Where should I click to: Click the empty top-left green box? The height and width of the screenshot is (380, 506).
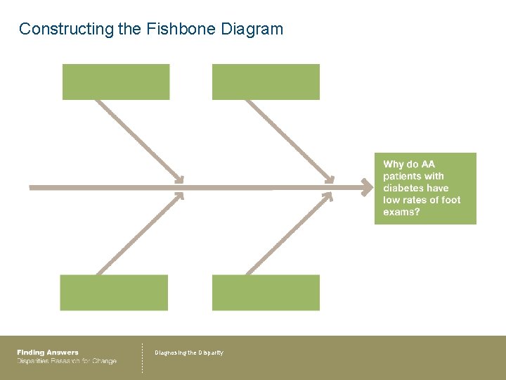116,82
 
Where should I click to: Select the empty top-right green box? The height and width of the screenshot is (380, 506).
266,82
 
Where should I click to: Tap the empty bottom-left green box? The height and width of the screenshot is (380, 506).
114,293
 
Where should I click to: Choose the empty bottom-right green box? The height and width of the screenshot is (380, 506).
266,293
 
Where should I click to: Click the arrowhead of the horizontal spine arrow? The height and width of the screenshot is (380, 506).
367,187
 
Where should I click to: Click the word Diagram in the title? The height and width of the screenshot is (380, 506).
252,29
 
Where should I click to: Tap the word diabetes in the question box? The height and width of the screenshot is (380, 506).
403,188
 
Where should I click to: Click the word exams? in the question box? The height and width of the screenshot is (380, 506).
401,212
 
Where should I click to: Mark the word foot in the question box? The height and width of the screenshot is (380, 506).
450,200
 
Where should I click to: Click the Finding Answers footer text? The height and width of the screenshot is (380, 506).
48,353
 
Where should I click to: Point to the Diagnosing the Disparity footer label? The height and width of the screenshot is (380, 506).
189,353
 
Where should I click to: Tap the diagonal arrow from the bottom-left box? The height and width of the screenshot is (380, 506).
139,234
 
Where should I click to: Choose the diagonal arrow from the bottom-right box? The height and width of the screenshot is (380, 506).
289,234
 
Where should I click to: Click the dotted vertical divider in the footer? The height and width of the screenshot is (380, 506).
142,357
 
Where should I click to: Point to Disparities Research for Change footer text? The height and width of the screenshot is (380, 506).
67,361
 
